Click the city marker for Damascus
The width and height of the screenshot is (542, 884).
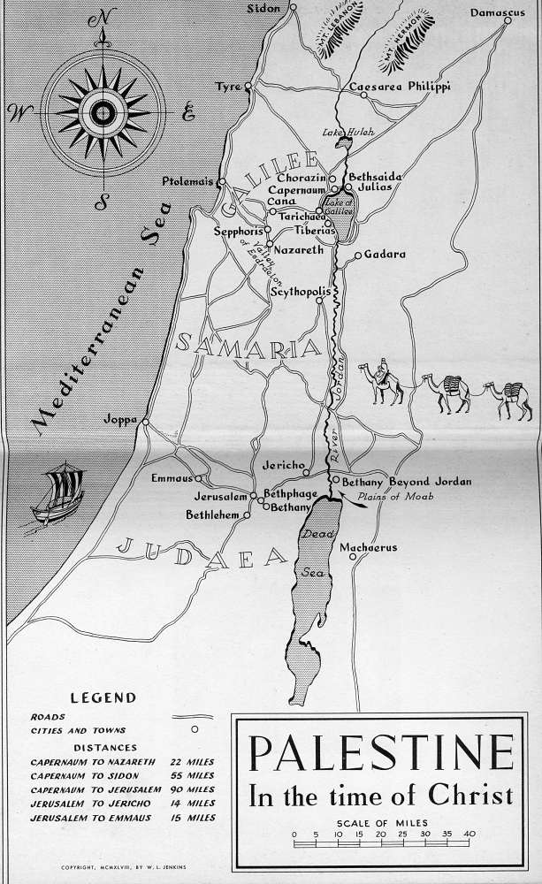click(x=508, y=21)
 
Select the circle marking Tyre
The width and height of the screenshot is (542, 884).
click(x=249, y=86)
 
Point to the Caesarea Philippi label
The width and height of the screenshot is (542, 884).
click(x=401, y=87)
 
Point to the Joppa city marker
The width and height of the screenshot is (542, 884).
click(x=143, y=421)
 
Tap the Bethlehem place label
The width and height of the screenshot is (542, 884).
click(x=212, y=514)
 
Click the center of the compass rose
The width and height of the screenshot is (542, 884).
click(x=103, y=110)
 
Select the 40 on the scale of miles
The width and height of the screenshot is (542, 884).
click(x=468, y=833)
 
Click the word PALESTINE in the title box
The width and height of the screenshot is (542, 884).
click(x=381, y=753)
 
